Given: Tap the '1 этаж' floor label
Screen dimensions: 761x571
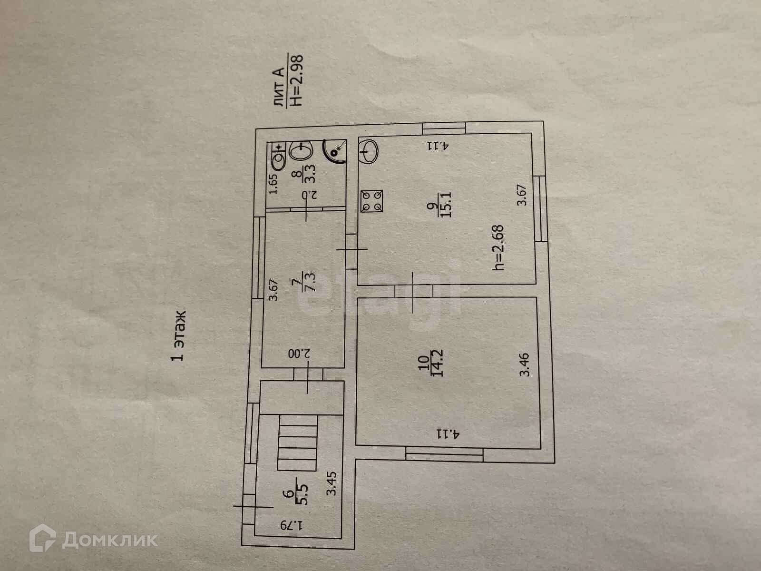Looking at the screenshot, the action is coord(179,336).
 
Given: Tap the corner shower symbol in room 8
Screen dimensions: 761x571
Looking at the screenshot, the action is coord(336,150).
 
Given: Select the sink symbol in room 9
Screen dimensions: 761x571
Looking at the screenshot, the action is coord(369,151).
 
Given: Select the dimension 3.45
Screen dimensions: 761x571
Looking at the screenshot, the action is coord(332,483).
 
